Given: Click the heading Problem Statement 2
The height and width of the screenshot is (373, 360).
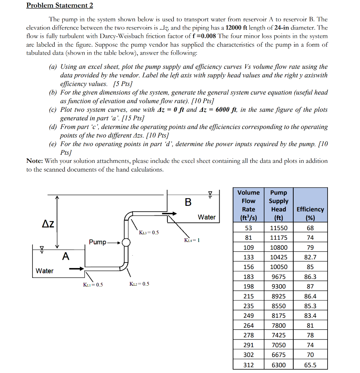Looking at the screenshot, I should pyautogui.click(x=59, y=5).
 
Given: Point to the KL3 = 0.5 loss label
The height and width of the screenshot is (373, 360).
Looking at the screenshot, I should pyautogui.click(x=149, y=232).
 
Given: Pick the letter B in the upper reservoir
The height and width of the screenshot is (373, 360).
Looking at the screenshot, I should pyautogui.click(x=188, y=202).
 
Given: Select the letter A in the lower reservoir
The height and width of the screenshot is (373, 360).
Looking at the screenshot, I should pyautogui.click(x=65, y=257).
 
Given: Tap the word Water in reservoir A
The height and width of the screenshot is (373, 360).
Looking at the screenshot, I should pyautogui.click(x=44, y=271).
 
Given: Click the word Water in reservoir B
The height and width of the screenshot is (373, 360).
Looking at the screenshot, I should pyautogui.click(x=206, y=217).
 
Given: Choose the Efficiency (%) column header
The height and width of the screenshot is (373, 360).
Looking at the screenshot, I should pyautogui.click(x=310, y=213).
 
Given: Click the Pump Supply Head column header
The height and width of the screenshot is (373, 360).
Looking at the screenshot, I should pyautogui.click(x=279, y=205).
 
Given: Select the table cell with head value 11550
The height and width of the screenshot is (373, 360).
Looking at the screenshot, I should pyautogui.click(x=279, y=228).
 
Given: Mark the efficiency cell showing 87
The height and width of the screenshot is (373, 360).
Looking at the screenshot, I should pyautogui.click(x=310, y=286).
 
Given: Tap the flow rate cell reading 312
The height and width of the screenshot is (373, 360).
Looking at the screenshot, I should pyautogui.click(x=248, y=365).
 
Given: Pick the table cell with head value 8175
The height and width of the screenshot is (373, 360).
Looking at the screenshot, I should pyautogui.click(x=279, y=315).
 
